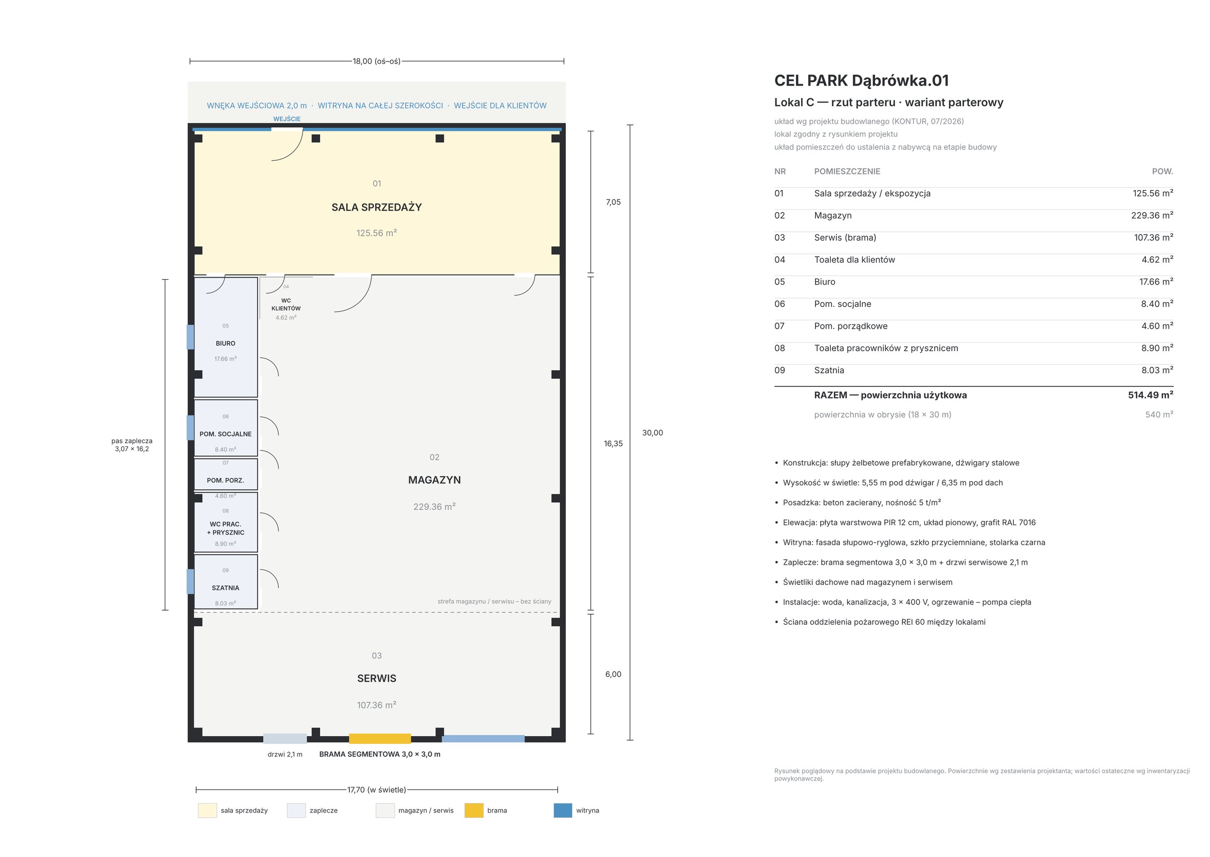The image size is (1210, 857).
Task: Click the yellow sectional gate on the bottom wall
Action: tap(380, 738)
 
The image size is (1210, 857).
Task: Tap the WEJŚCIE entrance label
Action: tap(287, 119)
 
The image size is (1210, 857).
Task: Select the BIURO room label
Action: tap(225, 344)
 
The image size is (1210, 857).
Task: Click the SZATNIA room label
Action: tap(225, 588)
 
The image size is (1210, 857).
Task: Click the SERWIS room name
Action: tap(377, 679)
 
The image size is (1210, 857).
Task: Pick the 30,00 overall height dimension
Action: tap(652, 433)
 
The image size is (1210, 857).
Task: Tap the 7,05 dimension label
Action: tap(614, 202)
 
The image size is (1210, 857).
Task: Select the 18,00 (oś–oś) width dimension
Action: tap(377, 61)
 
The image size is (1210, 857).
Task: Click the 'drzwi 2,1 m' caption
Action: tap(285, 755)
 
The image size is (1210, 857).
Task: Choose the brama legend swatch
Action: tap(473, 811)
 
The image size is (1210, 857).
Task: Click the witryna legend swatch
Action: tap(563, 811)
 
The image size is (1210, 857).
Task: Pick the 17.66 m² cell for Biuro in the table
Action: tap(1156, 282)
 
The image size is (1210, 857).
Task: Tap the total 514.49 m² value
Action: tap(1151, 394)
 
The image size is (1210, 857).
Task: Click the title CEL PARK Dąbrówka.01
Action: tap(862, 81)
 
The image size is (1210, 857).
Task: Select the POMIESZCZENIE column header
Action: tap(848, 171)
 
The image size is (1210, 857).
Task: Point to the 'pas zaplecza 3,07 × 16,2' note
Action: tap(132, 445)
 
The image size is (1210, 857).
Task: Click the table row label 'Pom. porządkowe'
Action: tap(851, 326)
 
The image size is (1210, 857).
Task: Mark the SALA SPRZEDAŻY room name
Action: tap(377, 208)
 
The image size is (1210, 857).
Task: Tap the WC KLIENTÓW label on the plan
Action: tap(286, 304)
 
